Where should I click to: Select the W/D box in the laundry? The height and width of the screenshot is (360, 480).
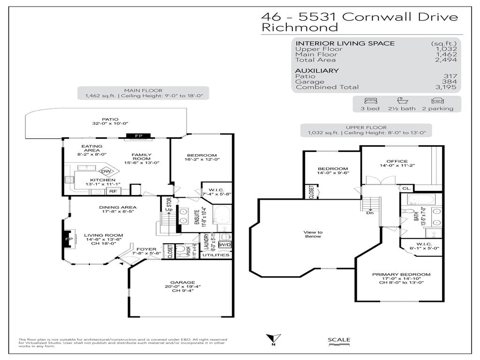pyautogui.click(x=225, y=245)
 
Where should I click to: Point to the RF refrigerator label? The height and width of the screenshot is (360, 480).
pyautogui.click(x=113, y=191)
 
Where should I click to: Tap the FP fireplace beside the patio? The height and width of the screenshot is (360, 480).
pyautogui.click(x=139, y=136)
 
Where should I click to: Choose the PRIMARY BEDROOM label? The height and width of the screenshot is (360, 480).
pyautogui.click(x=401, y=274)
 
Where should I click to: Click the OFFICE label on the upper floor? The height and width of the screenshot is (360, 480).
pyautogui.click(x=397, y=161)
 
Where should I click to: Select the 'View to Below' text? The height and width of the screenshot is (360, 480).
pyautogui.click(x=313, y=234)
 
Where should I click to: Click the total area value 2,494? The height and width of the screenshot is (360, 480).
pyautogui.click(x=447, y=60)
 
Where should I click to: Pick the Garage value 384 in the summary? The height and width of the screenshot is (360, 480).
pyautogui.click(x=450, y=82)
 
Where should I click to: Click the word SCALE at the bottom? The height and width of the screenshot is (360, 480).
pyautogui.click(x=338, y=340)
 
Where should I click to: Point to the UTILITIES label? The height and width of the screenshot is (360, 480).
pyautogui.click(x=217, y=255)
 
